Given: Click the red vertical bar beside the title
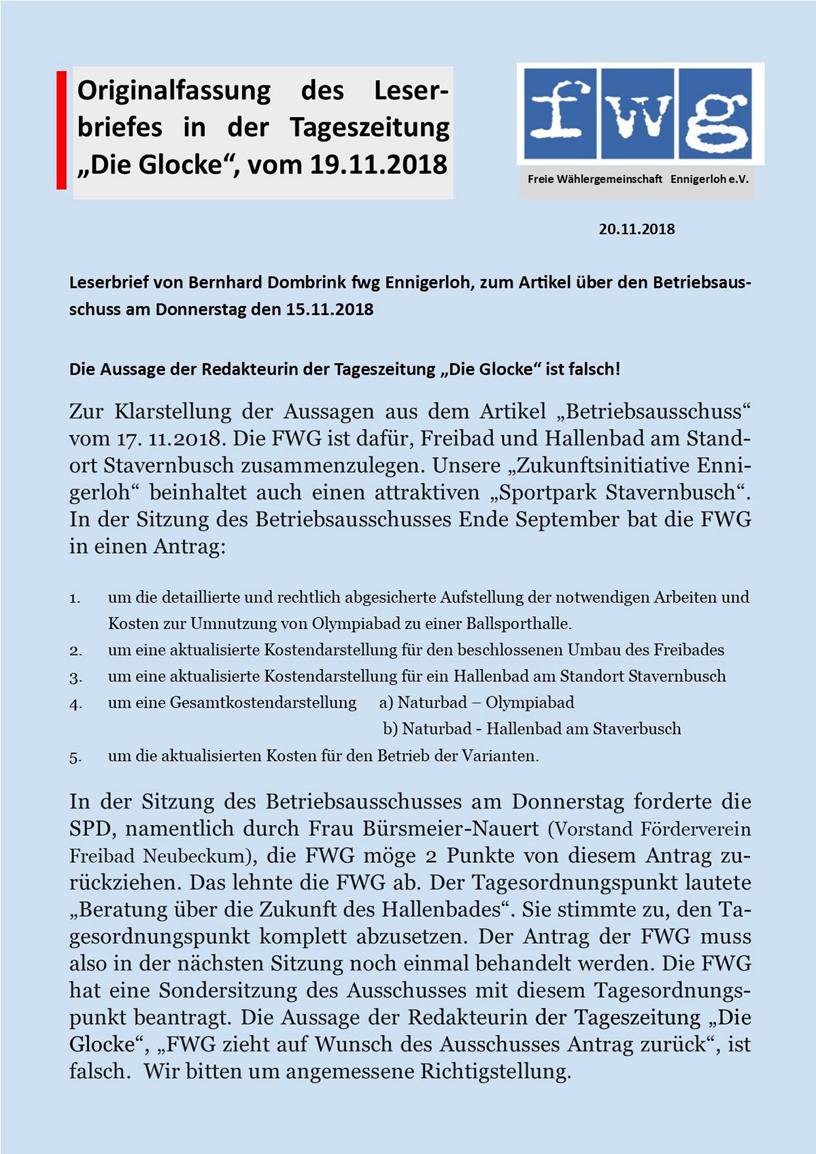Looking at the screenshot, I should (x=61, y=130).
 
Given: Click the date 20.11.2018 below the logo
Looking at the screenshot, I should (x=636, y=229).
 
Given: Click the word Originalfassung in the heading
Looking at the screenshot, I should (x=174, y=90).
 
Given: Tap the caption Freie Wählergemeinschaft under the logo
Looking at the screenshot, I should (x=595, y=180).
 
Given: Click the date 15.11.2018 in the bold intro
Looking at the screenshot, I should (x=330, y=309).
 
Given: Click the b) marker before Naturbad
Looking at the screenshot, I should (x=390, y=729).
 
